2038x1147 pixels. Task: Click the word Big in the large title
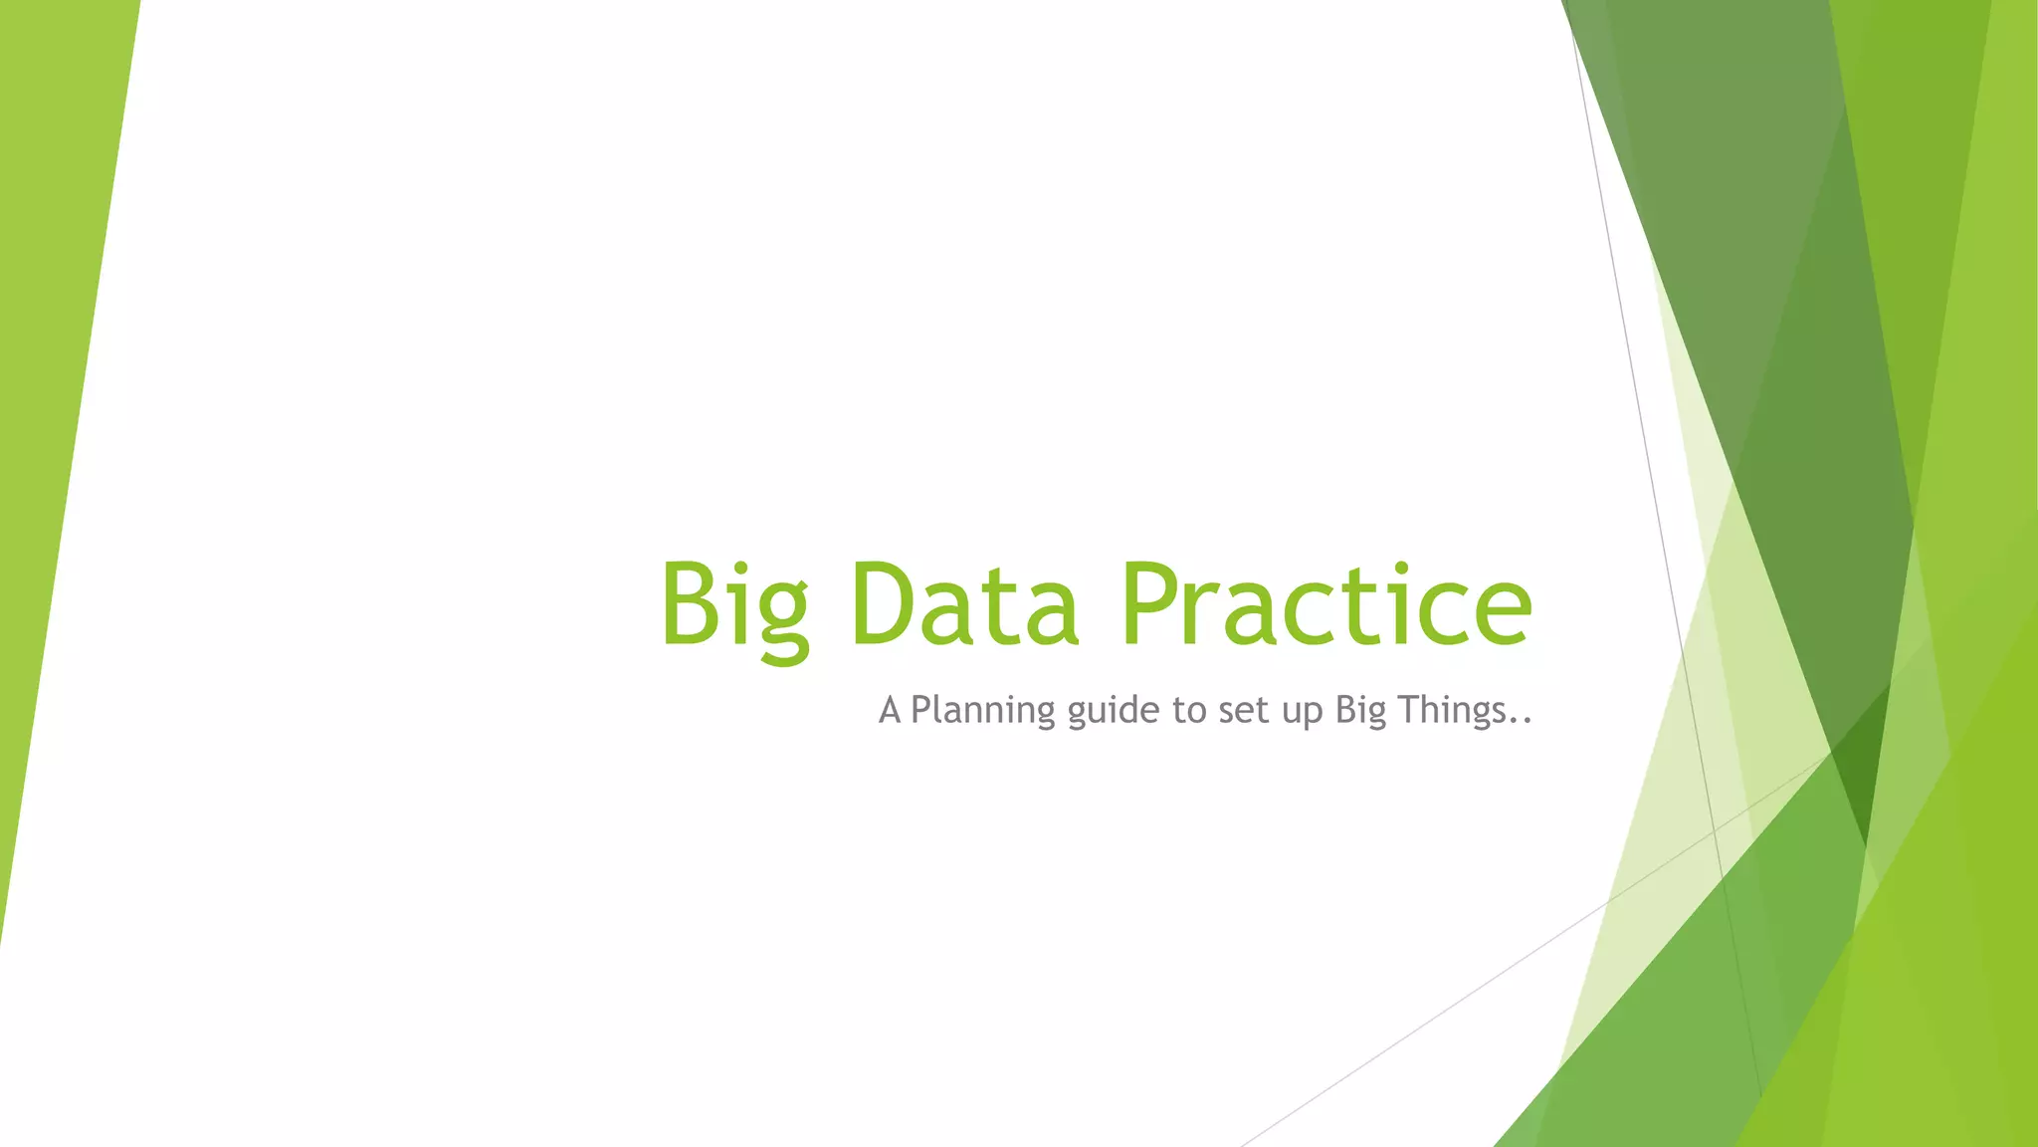pyautogui.click(x=734, y=605)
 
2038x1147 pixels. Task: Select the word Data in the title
pyautogui.click(x=964, y=603)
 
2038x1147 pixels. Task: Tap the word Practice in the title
pyautogui.click(x=1325, y=603)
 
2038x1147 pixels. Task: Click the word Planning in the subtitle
pyautogui.click(x=982, y=711)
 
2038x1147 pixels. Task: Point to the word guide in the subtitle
pyautogui.click(x=1114, y=711)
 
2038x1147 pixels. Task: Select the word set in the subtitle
pyautogui.click(x=1242, y=711)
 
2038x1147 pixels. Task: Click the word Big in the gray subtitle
pyautogui.click(x=1360, y=711)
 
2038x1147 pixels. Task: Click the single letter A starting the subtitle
pyautogui.click(x=890, y=711)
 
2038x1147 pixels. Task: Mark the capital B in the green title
pyautogui.click(x=690, y=603)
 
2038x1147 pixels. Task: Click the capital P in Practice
pyautogui.click(x=1152, y=603)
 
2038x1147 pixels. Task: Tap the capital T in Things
pyautogui.click(x=1409, y=710)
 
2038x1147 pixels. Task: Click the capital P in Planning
pyautogui.click(x=922, y=710)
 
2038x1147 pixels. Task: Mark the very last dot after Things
pyautogui.click(x=1528, y=721)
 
